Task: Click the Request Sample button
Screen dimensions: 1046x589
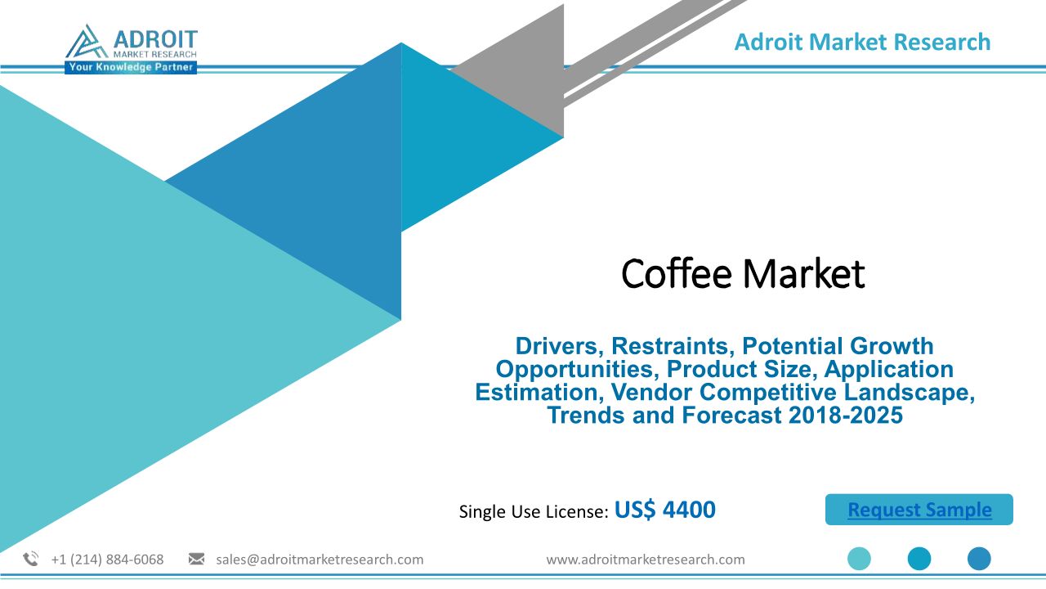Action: click(919, 509)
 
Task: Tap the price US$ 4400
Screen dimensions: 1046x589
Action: click(664, 510)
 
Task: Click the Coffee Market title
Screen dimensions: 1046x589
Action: click(743, 273)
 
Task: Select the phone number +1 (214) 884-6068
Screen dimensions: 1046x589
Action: click(107, 560)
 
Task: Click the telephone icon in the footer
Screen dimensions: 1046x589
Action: click(31, 559)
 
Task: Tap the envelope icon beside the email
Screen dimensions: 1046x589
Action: click(196, 559)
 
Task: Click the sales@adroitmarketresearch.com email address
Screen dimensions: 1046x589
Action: click(320, 560)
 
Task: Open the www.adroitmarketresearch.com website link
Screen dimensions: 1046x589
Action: click(646, 560)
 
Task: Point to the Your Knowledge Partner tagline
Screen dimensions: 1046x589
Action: click(131, 67)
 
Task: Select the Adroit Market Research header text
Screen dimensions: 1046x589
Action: click(862, 42)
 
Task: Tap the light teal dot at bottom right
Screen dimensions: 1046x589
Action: click(859, 559)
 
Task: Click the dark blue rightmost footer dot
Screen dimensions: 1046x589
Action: click(979, 559)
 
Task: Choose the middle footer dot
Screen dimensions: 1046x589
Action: click(919, 559)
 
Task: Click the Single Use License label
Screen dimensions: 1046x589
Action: click(534, 511)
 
